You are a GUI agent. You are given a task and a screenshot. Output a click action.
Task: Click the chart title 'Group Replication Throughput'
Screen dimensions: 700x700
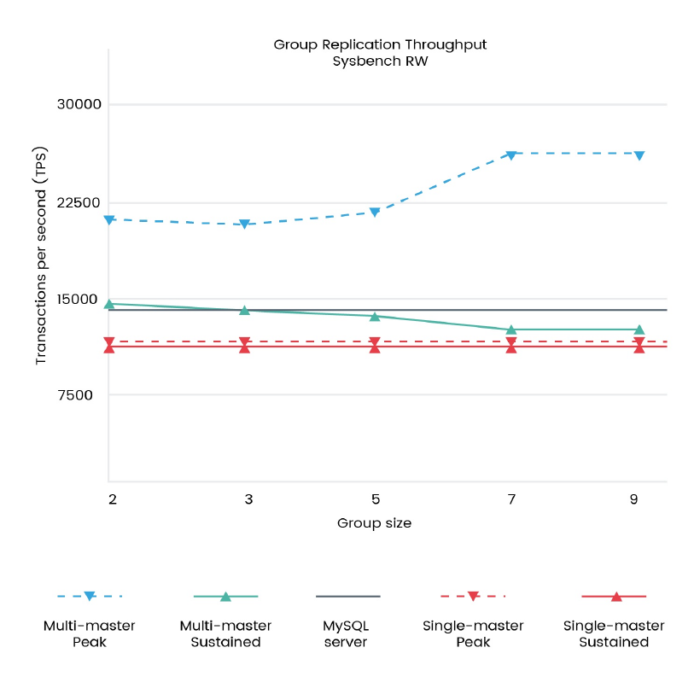pyautogui.click(x=380, y=44)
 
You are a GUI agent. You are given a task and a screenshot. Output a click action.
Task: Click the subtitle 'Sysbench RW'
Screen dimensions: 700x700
pyautogui.click(x=380, y=61)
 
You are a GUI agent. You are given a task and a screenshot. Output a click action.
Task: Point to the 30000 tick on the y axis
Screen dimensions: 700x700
pyautogui.click(x=79, y=105)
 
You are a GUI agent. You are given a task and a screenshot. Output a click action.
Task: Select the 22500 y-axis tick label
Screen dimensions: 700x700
pyautogui.click(x=79, y=202)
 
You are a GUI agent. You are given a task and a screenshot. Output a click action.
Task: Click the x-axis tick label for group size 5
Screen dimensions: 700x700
pyautogui.click(x=375, y=499)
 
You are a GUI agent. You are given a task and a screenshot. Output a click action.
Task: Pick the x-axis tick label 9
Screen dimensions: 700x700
pyautogui.click(x=633, y=499)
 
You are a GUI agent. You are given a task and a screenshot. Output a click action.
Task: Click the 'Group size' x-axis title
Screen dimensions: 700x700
pyautogui.click(x=374, y=523)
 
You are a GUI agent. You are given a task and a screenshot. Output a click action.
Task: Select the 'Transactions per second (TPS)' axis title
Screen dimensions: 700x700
pyautogui.click(x=41, y=256)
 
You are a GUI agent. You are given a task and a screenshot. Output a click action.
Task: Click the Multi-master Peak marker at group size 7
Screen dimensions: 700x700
pyautogui.click(x=511, y=155)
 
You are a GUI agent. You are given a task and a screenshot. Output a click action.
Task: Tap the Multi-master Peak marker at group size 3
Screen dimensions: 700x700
pyautogui.click(x=244, y=225)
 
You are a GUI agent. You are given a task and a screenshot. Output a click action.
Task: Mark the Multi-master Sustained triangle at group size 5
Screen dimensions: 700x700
pyautogui.click(x=375, y=316)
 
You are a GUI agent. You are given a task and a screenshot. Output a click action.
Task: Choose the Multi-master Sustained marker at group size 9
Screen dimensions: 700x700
pyautogui.click(x=639, y=330)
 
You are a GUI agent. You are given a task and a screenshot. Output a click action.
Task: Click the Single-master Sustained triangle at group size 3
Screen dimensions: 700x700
pyautogui.click(x=244, y=347)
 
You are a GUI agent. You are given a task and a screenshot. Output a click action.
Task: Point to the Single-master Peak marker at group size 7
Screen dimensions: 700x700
pyautogui.click(x=511, y=341)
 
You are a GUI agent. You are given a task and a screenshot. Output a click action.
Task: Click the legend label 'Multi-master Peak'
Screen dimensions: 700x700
pyautogui.click(x=90, y=633)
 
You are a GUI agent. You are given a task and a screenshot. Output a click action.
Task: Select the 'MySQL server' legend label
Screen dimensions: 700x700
pyautogui.click(x=346, y=633)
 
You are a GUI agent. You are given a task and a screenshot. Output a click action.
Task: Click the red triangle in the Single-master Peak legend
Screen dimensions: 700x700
pyautogui.click(x=474, y=596)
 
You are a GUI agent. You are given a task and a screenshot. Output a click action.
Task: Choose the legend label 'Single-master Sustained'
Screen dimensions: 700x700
pyautogui.click(x=614, y=633)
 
